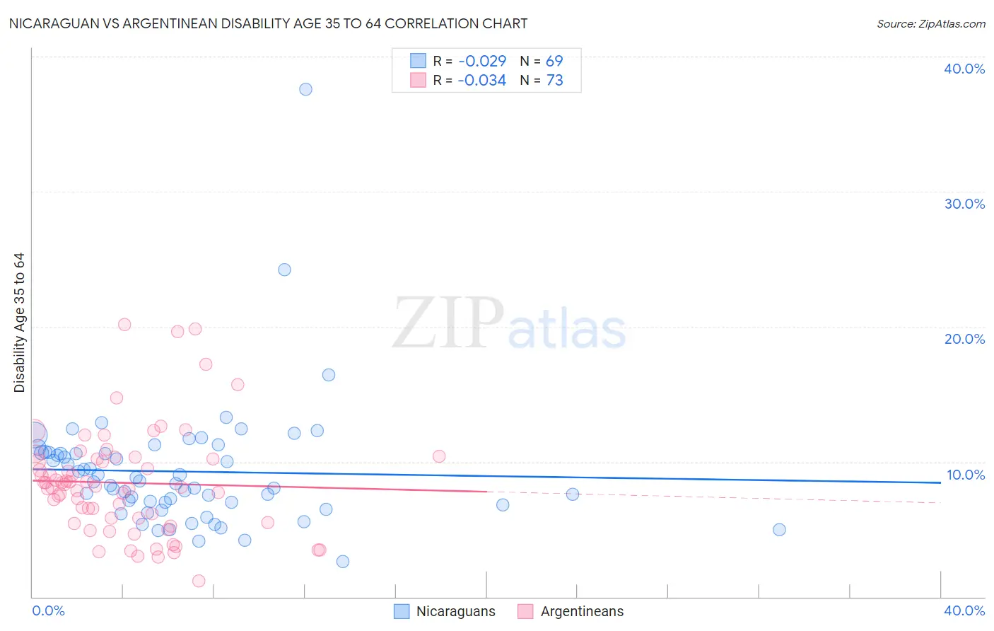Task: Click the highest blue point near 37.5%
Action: coord(305,89)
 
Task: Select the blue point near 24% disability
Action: coord(284,270)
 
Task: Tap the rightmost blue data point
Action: coord(779,530)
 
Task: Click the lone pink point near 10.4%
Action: coord(439,456)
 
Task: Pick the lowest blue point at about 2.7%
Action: coord(343,562)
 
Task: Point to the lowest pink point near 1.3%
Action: coord(199,581)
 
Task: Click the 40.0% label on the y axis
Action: coord(964,69)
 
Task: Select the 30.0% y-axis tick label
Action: coord(964,204)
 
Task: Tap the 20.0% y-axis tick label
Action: coord(964,339)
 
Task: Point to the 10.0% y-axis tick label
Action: coord(965,475)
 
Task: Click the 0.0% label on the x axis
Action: coord(48,611)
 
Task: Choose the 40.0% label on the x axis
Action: coord(964,611)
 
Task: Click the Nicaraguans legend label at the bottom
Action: coord(455,612)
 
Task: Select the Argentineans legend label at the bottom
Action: coord(582,612)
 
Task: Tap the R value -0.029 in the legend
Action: coord(481,62)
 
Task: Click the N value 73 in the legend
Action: coord(555,81)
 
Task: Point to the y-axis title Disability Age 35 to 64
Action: coord(19,323)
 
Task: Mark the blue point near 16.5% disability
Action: coord(329,375)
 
